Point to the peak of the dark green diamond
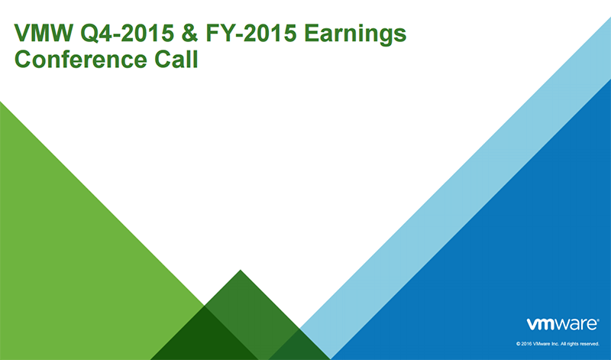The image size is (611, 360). click(x=241, y=272)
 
